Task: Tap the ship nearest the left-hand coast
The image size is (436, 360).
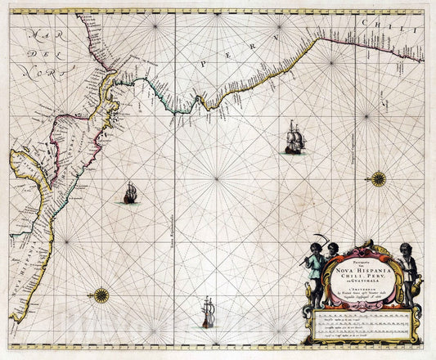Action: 130,193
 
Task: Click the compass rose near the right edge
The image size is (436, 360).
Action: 378,178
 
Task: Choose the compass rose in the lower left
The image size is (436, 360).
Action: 101,295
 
